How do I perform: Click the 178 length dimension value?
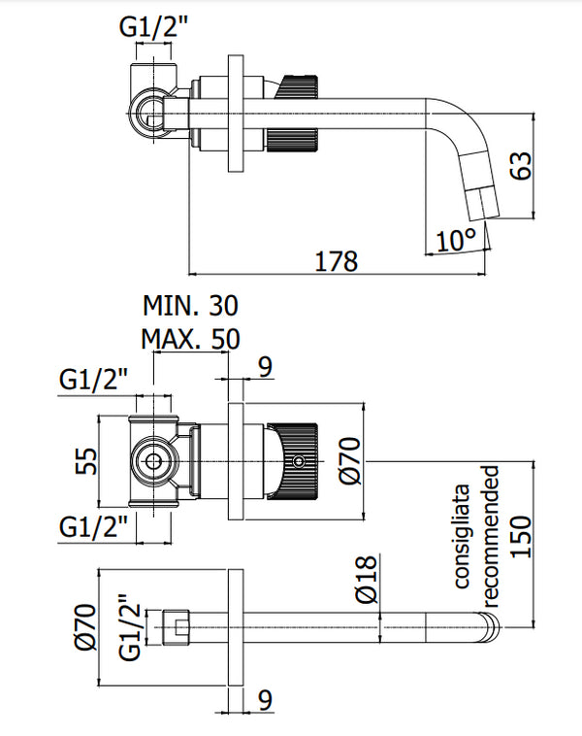click(x=336, y=260)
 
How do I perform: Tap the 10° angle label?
click(x=456, y=239)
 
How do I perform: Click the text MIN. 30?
click(x=190, y=307)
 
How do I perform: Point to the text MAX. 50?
click(x=190, y=339)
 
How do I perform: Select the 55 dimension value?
click(x=85, y=460)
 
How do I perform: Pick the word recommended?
click(x=493, y=530)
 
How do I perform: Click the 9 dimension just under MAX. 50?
click(x=266, y=366)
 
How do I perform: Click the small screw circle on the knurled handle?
click(x=300, y=460)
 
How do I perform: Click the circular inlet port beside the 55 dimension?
click(x=152, y=460)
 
